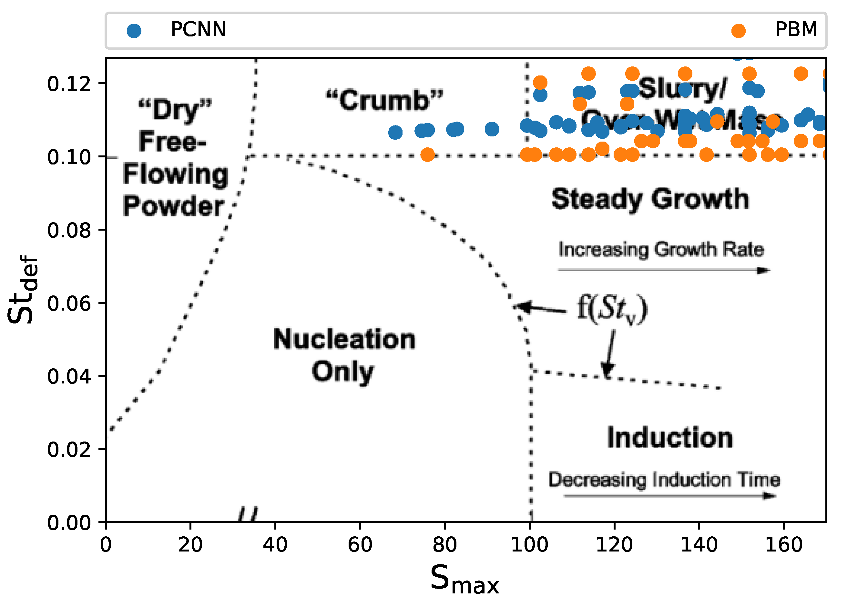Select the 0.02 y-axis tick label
(x=69, y=449)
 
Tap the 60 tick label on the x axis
(x=360, y=545)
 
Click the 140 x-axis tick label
(x=699, y=545)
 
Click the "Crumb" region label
(x=384, y=100)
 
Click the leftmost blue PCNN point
(x=395, y=132)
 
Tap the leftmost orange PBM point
(x=427, y=154)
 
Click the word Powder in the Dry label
(x=173, y=206)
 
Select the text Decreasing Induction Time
(x=664, y=480)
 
